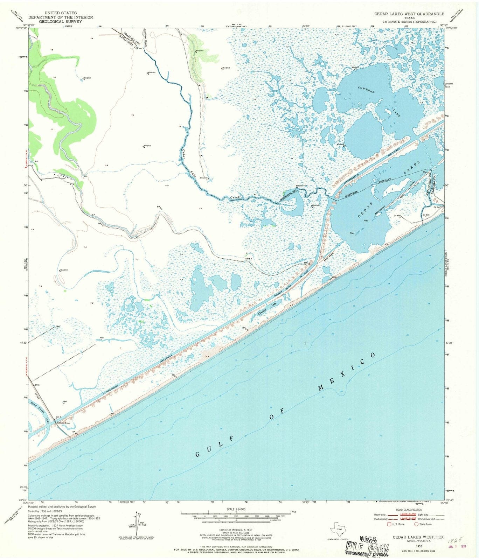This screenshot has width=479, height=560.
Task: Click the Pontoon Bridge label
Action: pyautogui.click(x=63, y=423)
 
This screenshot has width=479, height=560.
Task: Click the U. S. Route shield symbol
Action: pyautogui.click(x=388, y=524)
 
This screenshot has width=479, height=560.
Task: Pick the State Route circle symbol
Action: pyautogui.click(x=416, y=524)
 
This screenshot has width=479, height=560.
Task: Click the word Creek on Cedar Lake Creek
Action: pyautogui.click(x=237, y=198)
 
